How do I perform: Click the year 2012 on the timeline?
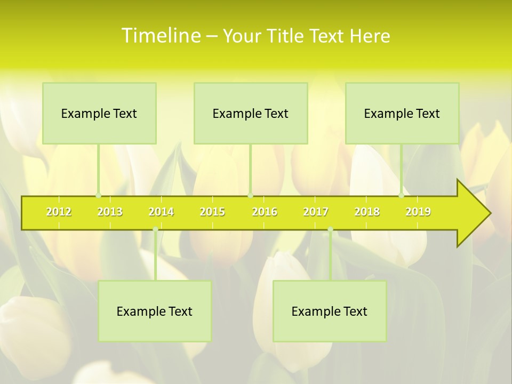(59, 212)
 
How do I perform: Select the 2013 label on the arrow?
(110, 212)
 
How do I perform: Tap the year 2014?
(161, 212)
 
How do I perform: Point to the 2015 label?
(212, 212)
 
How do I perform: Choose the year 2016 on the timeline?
(265, 212)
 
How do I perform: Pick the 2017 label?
(316, 212)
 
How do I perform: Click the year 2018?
(367, 212)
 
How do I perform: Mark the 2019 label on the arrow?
(418, 212)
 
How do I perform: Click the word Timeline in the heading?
(161, 36)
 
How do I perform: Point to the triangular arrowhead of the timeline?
(473, 213)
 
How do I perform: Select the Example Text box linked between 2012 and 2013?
(99, 113)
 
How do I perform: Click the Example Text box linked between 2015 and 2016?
(251, 113)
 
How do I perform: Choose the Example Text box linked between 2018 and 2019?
(402, 113)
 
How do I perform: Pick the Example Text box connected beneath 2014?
(155, 311)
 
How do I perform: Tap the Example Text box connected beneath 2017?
(330, 311)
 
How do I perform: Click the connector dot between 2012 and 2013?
(98, 195)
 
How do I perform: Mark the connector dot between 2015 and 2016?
(250, 195)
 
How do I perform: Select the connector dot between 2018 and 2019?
(402, 195)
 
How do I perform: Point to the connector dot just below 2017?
(330, 229)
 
